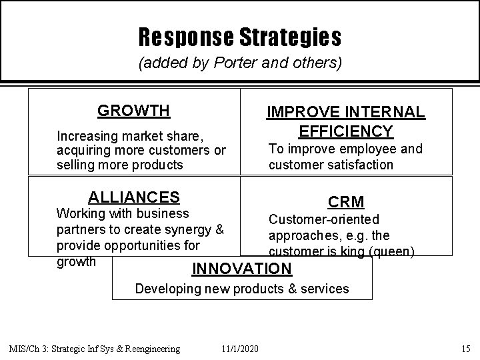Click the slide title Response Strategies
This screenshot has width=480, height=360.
240,37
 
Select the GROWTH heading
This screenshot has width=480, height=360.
133,110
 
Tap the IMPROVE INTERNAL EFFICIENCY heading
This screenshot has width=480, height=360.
345,121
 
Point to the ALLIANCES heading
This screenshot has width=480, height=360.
134,197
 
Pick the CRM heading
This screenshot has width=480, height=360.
345,201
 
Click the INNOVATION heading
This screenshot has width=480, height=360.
241,269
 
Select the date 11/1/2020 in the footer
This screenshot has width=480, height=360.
241,349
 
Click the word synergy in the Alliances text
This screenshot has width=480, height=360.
193,229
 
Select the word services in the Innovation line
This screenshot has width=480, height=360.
324,289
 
